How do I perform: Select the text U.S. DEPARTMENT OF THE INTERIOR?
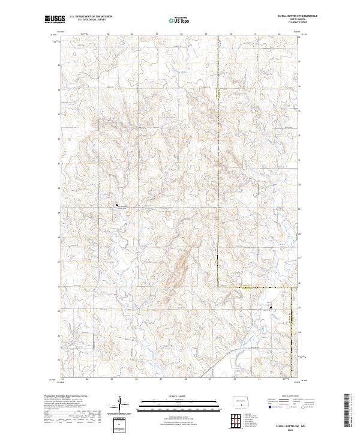pos(91,17)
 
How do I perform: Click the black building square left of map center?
pos(117,205)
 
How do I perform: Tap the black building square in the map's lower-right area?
pos(270,308)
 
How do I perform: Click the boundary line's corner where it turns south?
pos(292,288)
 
